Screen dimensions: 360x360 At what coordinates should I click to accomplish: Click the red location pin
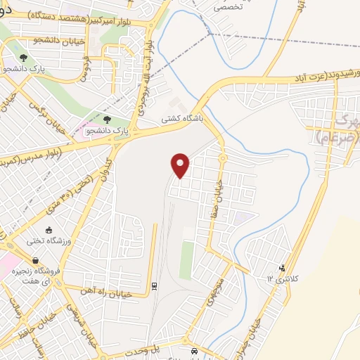coord(181,165)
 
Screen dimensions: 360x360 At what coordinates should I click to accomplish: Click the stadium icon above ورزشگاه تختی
coord(49,230)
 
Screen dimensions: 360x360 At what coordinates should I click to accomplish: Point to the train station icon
coord(154,286)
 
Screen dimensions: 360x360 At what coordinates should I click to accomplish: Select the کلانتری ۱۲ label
coord(282,278)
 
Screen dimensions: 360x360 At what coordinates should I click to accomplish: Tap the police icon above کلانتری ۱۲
coord(282,267)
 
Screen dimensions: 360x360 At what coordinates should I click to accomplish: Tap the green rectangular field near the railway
coord(186,259)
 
